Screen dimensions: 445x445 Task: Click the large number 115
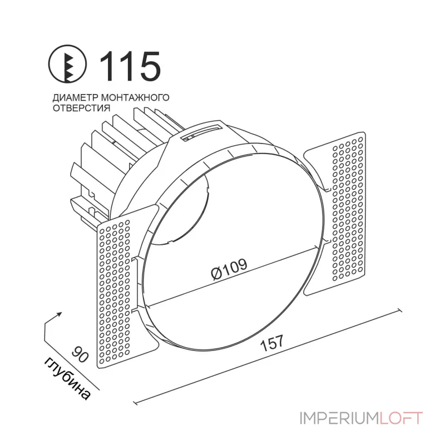[130, 66]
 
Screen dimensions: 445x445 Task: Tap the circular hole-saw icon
[67, 65]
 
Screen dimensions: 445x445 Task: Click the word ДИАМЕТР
[75, 97]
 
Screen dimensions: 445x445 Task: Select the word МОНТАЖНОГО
[135, 97]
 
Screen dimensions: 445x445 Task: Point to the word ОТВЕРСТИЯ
[81, 108]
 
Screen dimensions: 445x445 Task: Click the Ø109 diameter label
[229, 269]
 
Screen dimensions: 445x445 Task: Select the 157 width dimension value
[272, 343]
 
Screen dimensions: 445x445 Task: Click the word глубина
[67, 379]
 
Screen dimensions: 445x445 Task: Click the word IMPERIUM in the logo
[339, 418]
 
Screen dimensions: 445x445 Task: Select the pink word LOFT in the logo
[401, 418]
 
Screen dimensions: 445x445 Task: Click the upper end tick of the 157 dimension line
[400, 310]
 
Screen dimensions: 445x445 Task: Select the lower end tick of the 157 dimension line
[135, 402]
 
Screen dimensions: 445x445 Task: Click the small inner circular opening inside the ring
[182, 210]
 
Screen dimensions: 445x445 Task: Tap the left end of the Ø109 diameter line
[148, 307]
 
